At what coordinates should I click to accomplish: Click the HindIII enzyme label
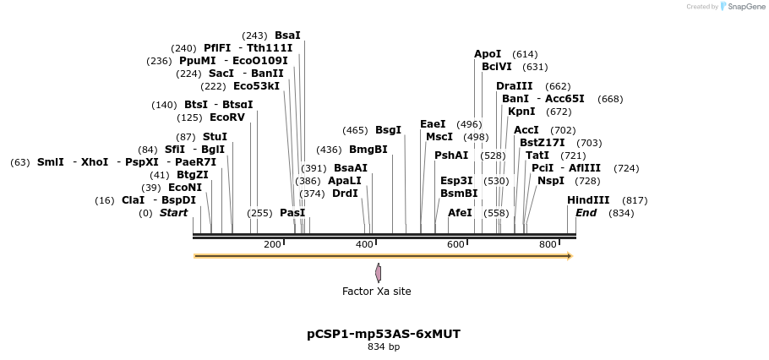(x=588, y=200)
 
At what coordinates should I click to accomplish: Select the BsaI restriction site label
(x=287, y=35)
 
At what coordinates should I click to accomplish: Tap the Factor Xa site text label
(x=376, y=292)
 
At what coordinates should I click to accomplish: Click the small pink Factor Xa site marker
(x=378, y=272)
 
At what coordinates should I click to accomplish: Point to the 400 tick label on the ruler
(x=364, y=245)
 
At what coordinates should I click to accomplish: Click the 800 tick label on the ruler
(x=548, y=245)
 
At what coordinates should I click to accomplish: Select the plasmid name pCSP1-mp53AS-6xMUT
(x=384, y=334)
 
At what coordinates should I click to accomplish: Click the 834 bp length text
(x=384, y=347)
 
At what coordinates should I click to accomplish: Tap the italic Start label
(x=173, y=213)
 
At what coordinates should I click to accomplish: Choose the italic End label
(x=586, y=213)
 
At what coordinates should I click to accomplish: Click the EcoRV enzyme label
(x=226, y=117)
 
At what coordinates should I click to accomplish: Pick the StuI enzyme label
(x=215, y=137)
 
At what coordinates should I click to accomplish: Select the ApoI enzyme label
(x=488, y=54)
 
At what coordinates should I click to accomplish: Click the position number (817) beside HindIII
(x=635, y=200)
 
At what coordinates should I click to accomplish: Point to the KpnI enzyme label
(x=521, y=112)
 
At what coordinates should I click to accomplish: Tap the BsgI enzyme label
(x=388, y=130)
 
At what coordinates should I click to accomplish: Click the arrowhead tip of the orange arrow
(x=571, y=256)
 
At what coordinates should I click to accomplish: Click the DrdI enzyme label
(x=345, y=194)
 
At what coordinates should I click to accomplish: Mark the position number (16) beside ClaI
(x=105, y=200)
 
